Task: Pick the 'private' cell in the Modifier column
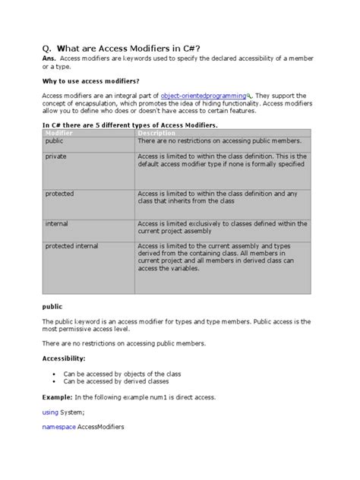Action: point(56,156)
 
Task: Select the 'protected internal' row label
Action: point(71,246)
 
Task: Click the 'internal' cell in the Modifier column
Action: point(57,224)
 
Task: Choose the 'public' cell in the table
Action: point(55,141)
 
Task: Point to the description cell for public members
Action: point(219,141)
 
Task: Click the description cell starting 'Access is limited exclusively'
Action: point(219,228)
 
